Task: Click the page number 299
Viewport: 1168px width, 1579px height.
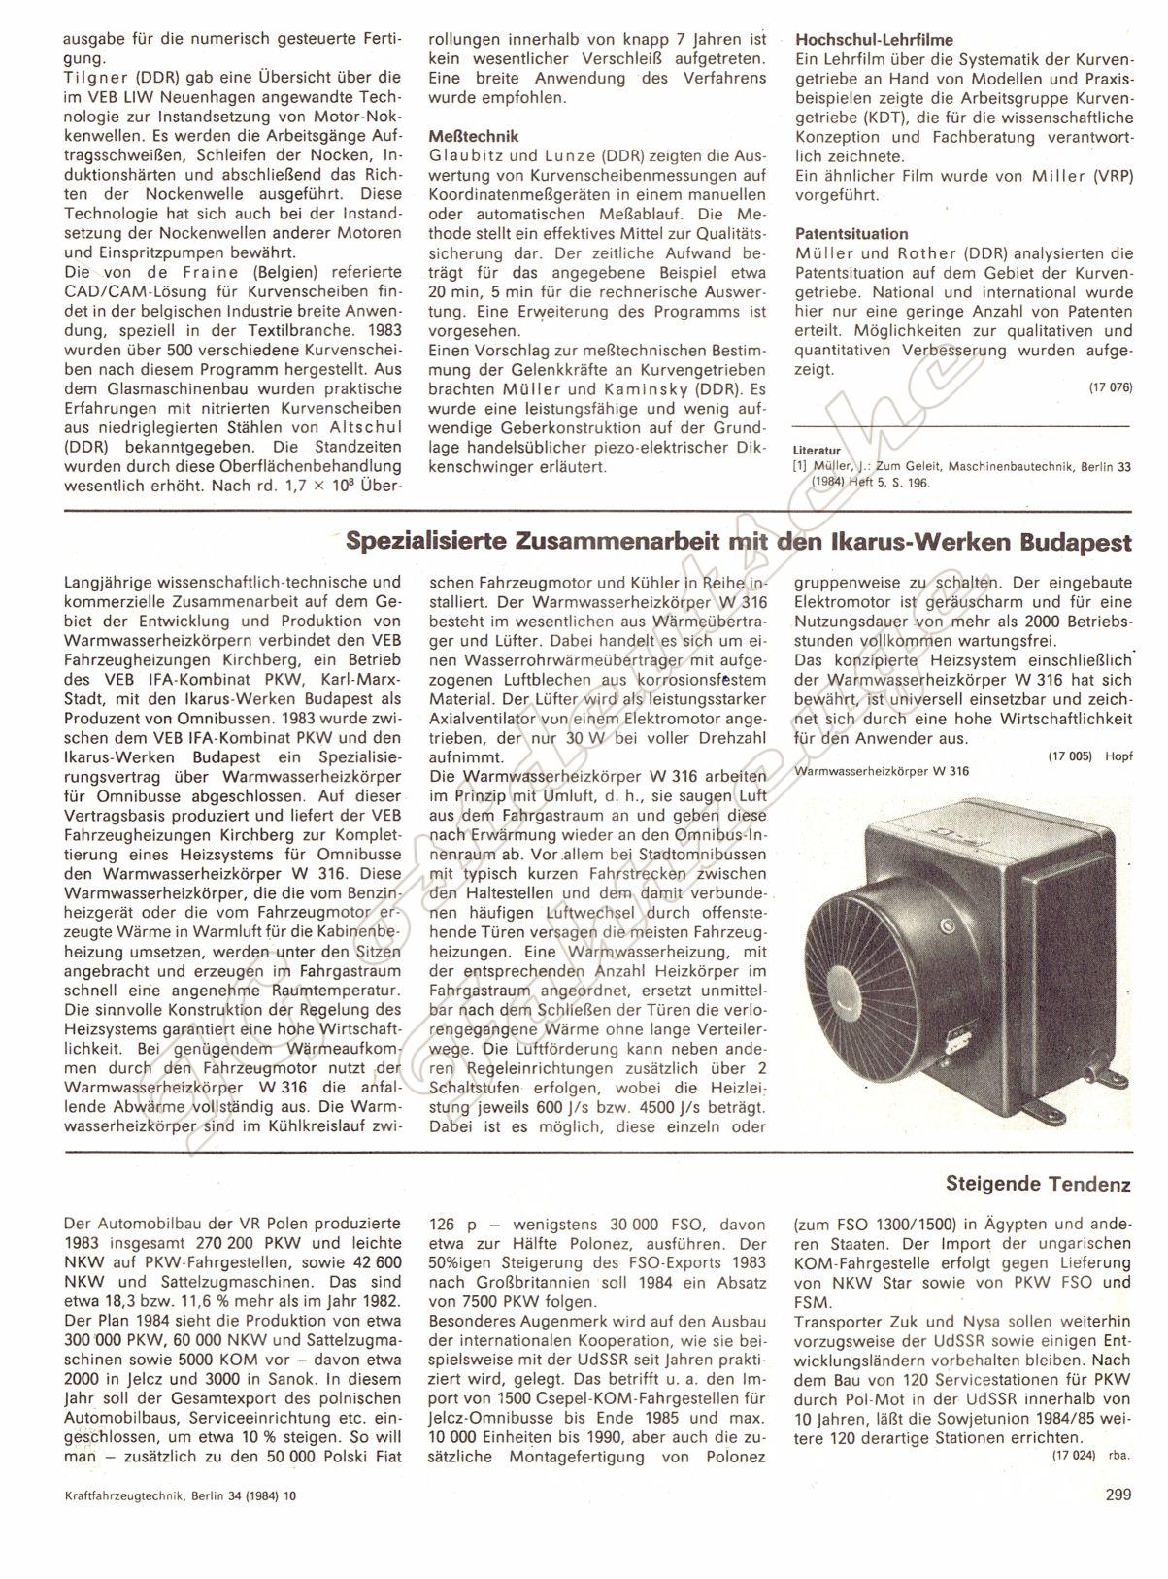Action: [x=1118, y=1495]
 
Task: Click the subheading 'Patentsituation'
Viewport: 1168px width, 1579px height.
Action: [x=851, y=234]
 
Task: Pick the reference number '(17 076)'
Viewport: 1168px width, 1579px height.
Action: [x=1110, y=387]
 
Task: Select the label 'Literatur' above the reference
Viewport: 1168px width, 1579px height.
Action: [x=815, y=452]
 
